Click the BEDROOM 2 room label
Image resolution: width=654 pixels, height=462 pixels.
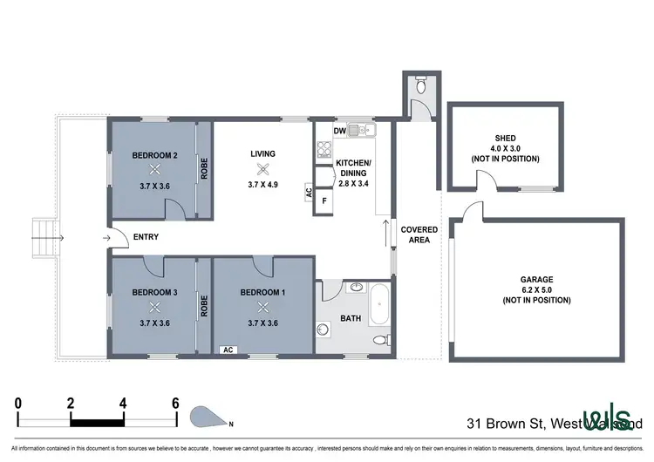click(155, 156)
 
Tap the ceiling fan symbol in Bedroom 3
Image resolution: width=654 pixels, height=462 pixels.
click(155, 306)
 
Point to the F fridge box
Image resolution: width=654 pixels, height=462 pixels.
click(324, 200)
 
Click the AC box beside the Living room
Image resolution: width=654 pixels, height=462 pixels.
click(309, 193)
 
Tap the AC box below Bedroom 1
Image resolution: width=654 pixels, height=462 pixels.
click(228, 350)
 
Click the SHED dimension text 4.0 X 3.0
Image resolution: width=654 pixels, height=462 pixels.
click(504, 148)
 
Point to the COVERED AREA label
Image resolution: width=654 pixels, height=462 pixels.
click(419, 235)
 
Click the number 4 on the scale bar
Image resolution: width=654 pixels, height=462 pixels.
click(123, 404)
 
